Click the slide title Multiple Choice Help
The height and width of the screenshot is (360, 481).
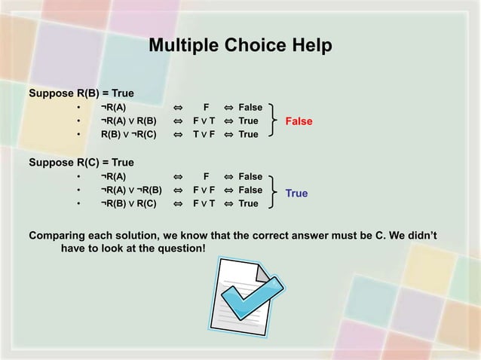point(240,46)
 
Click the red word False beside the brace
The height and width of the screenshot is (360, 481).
point(298,121)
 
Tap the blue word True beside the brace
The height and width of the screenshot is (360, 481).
point(296,194)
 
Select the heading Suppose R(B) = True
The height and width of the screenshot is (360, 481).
point(81,93)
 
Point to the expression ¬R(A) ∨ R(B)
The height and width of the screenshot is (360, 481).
point(129,121)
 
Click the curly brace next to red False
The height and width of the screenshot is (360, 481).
point(275,121)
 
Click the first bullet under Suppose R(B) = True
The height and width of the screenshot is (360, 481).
point(78,108)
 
